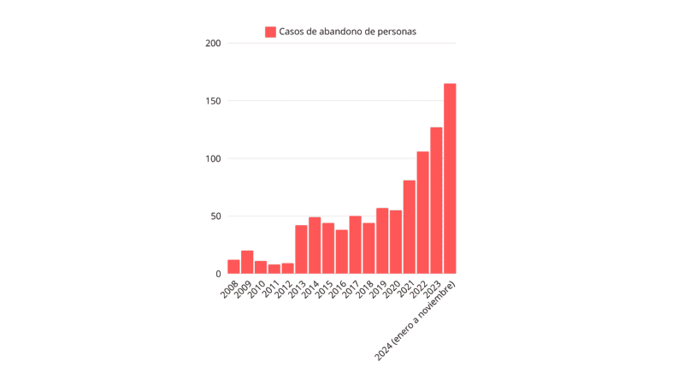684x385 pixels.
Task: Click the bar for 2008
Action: pos(233,267)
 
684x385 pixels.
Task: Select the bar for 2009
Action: pos(247,263)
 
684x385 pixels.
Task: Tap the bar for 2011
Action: pos(274,269)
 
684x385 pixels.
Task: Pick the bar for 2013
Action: pos(301,250)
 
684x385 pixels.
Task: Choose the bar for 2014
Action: pos(315,246)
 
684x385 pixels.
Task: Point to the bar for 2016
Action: pos(342,252)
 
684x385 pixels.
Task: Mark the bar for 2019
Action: pos(382,241)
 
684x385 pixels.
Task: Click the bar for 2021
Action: pos(410,227)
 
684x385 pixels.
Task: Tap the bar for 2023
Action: pos(436,200)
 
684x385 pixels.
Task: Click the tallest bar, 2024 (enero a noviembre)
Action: pos(450,179)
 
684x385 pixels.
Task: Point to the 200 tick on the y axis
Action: pos(214,44)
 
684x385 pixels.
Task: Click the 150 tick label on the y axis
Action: pos(214,101)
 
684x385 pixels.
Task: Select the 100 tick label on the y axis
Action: pos(214,158)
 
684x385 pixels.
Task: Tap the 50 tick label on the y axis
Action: pos(216,216)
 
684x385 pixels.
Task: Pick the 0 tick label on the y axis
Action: pos(219,274)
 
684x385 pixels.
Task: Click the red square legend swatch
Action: pos(270,32)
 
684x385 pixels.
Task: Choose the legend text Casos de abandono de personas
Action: pos(347,32)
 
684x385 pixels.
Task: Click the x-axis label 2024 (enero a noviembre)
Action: pos(417,319)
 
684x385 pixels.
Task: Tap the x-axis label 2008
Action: pos(229,288)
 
